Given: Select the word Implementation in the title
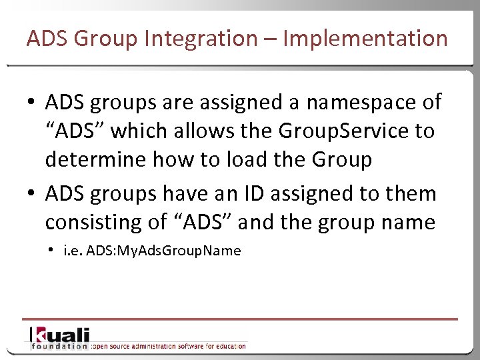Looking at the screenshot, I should (x=365, y=39).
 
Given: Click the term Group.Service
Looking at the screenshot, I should (x=339, y=131).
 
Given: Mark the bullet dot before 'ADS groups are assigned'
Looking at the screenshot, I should (x=32, y=103).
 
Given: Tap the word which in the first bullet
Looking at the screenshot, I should (x=135, y=131).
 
